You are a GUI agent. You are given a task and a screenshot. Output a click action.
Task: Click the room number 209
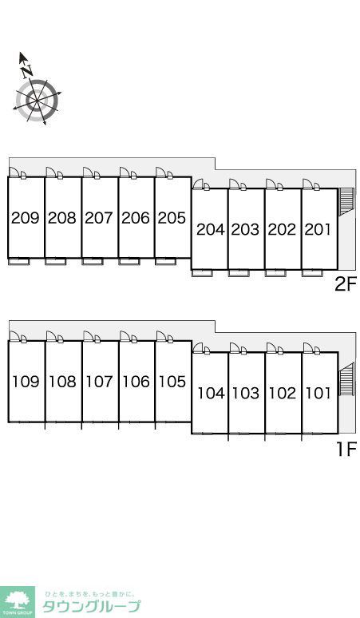click(26, 217)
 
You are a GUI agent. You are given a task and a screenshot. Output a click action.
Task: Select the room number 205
click(172, 217)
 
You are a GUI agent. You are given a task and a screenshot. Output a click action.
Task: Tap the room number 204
click(210, 229)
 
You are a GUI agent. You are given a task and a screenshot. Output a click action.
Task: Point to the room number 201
click(318, 229)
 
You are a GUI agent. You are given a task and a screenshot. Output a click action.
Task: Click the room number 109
click(26, 382)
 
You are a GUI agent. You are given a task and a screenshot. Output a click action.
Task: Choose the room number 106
click(136, 382)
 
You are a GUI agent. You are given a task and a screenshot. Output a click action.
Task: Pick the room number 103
click(245, 394)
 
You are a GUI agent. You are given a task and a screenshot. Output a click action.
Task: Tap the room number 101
click(318, 394)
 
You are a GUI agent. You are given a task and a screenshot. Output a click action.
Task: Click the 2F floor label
click(346, 284)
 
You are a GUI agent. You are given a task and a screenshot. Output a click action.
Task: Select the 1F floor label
click(346, 449)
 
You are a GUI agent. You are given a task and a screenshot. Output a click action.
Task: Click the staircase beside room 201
click(346, 202)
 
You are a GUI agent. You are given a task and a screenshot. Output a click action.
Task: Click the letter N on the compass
click(27, 71)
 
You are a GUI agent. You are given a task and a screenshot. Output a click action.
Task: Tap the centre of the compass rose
click(37, 101)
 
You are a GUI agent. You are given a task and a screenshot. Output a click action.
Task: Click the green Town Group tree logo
click(17, 601)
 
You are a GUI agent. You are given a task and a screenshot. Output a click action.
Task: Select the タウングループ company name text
click(91, 607)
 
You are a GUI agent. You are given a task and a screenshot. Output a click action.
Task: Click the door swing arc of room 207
click(88, 172)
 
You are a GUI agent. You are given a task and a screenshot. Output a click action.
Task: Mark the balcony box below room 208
click(56, 261)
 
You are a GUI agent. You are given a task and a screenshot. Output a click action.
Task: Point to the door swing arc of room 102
click(271, 347)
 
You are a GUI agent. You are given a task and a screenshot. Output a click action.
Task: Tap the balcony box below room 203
click(239, 273)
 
